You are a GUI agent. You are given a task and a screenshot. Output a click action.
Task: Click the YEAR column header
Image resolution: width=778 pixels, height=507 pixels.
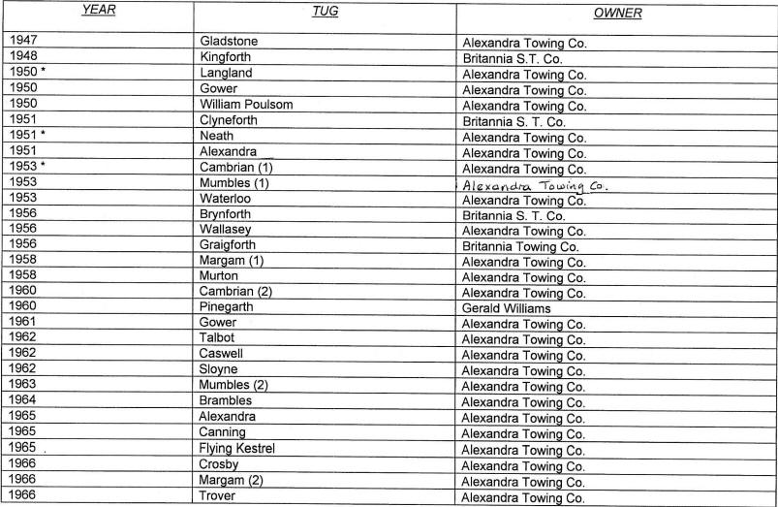(x=97, y=12)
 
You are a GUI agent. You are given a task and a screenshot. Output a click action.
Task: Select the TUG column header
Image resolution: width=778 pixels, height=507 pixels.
(x=324, y=12)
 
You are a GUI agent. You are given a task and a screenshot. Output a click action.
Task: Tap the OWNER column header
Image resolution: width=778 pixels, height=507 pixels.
(x=617, y=14)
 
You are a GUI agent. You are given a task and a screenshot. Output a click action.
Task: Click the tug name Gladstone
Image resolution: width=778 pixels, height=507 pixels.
(x=229, y=42)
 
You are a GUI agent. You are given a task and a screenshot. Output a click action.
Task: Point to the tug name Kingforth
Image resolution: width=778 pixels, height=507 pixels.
(x=227, y=57)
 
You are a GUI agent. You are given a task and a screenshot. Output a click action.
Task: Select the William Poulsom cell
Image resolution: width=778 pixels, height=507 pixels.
(x=246, y=105)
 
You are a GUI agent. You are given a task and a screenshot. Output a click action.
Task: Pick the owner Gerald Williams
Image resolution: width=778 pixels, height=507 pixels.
(x=507, y=308)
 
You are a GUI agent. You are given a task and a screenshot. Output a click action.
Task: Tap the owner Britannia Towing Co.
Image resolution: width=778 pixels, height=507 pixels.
(x=520, y=246)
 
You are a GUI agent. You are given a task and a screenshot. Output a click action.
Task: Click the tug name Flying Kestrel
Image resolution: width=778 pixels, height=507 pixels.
(x=237, y=449)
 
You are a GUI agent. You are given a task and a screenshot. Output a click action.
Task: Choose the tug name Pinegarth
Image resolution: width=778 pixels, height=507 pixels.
(x=227, y=307)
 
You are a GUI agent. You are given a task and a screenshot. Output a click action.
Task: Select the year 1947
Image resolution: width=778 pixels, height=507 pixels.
(x=21, y=42)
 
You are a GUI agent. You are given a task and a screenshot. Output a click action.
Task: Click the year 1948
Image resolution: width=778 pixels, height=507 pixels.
(x=21, y=57)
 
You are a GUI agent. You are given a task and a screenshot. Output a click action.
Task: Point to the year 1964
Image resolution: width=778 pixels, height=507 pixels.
(x=21, y=401)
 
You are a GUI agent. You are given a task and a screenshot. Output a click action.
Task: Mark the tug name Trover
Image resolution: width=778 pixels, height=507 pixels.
(x=219, y=496)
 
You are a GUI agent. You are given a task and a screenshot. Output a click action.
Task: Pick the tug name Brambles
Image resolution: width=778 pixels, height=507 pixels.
(x=226, y=401)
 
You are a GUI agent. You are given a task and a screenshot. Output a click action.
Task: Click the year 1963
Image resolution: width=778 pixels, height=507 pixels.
(x=21, y=386)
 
